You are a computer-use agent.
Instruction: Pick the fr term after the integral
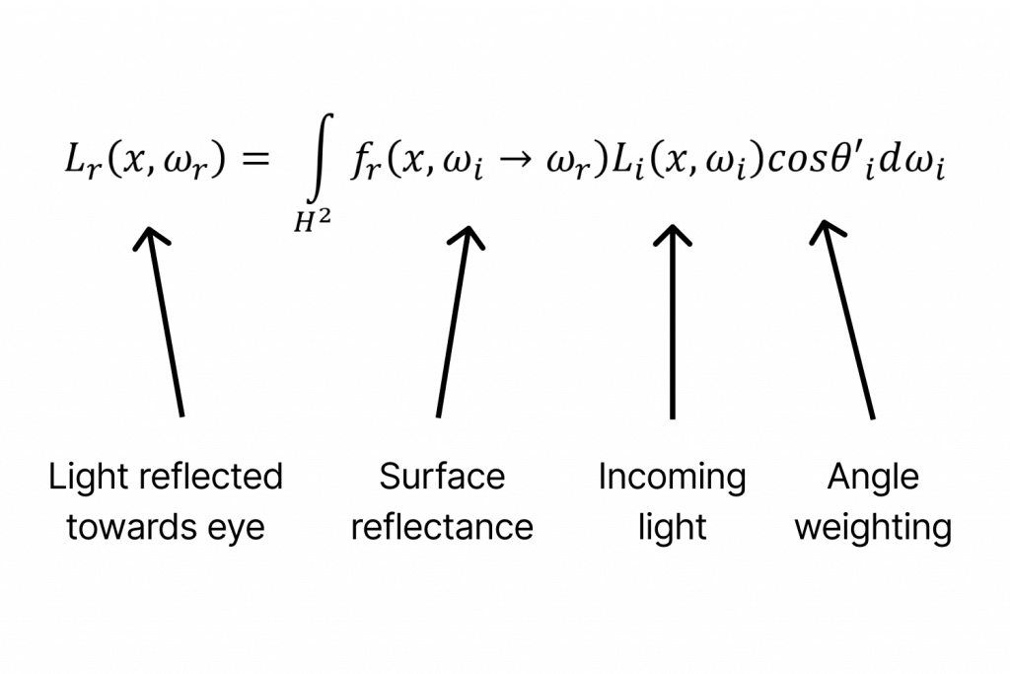[363, 164]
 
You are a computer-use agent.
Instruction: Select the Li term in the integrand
[623, 164]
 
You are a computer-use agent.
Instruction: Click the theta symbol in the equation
[842, 161]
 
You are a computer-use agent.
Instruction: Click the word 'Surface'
[442, 477]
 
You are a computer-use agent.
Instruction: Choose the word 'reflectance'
[442, 527]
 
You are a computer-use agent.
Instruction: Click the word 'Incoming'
[672, 478]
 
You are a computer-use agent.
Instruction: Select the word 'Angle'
[873, 479]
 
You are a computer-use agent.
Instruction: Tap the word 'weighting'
[873, 528]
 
